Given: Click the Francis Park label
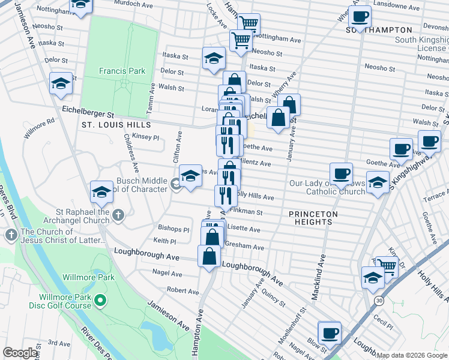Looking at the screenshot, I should [122, 71].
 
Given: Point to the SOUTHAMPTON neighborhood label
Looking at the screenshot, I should [379, 30].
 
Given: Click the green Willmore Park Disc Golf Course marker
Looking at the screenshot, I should [100, 299].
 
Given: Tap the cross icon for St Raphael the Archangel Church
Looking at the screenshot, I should [118, 214].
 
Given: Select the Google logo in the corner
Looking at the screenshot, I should [20, 353].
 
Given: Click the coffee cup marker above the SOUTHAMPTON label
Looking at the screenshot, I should [360, 17].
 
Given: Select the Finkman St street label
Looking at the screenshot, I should [246, 212].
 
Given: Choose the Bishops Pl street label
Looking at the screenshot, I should [173, 229].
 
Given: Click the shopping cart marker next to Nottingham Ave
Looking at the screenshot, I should [241, 40].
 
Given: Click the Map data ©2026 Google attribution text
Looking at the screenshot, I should [412, 355].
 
